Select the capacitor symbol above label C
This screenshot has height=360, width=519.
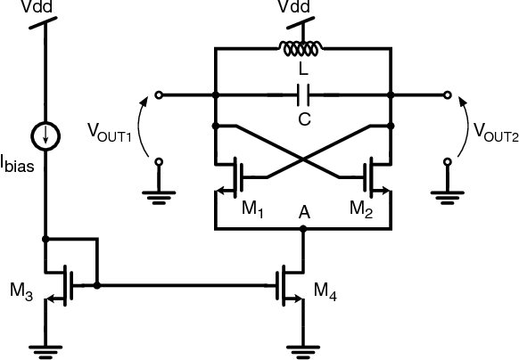coord(303,93)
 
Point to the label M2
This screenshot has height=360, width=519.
coord(360,210)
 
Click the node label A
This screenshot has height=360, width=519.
coord(304,213)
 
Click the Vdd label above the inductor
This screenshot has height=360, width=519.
coord(303,7)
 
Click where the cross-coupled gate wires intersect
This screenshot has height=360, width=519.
coord(303,160)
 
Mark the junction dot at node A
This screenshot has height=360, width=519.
coord(304,228)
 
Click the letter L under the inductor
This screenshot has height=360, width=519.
coord(303,69)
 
